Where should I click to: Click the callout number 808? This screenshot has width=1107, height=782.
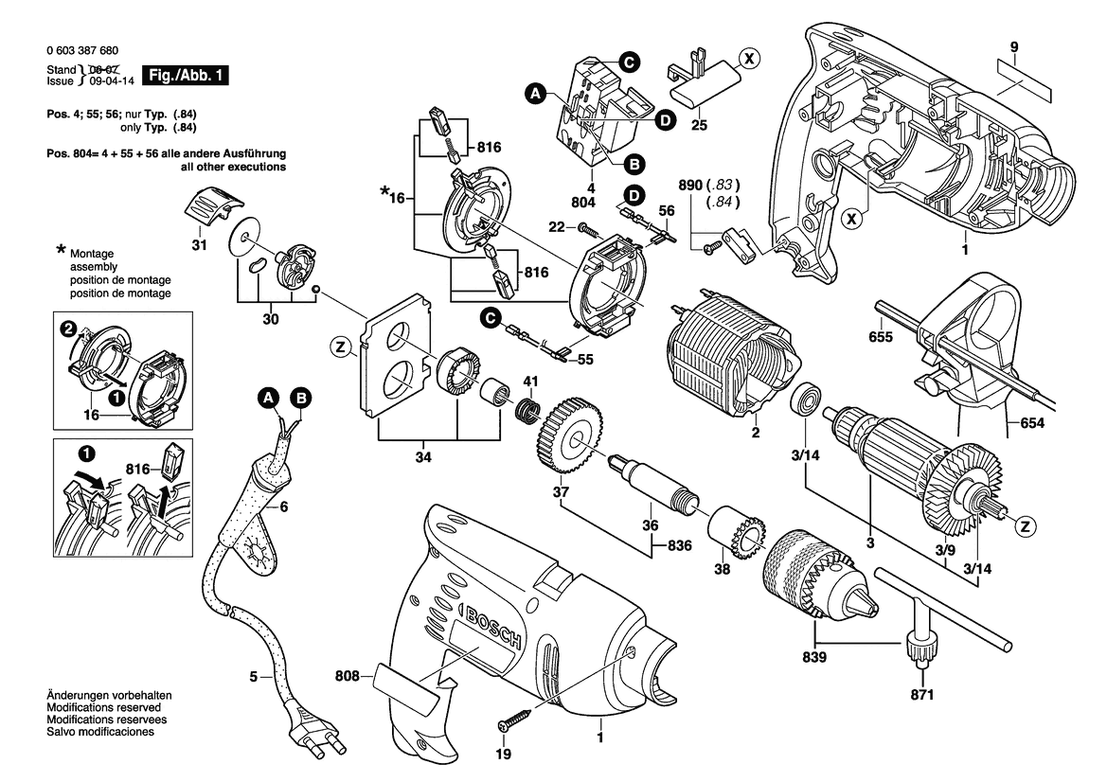click(348, 676)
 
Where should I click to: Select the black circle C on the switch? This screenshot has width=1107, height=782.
click(629, 62)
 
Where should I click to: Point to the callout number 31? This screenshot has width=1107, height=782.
click(199, 245)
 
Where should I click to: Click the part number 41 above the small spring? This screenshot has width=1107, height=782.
click(531, 382)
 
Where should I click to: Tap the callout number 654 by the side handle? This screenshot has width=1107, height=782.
click(1032, 423)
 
